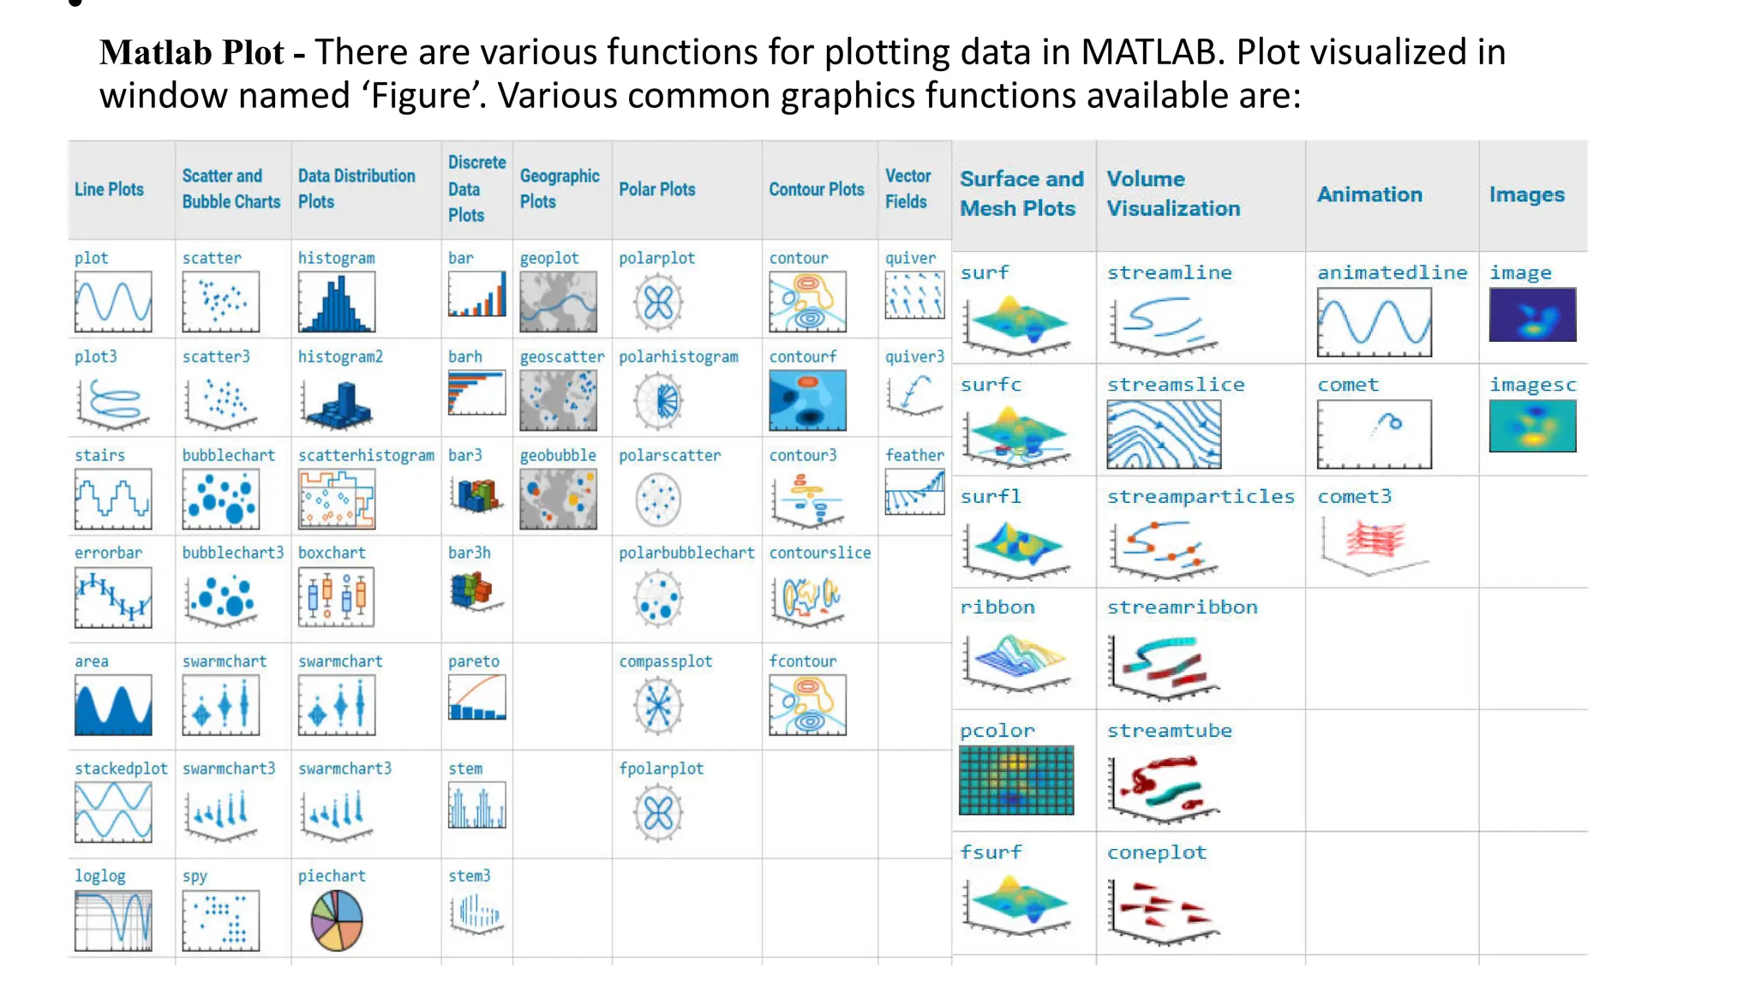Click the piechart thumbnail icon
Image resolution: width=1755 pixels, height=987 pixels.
pyautogui.click(x=337, y=921)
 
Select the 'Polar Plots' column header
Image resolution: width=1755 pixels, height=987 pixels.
pyautogui.click(x=657, y=189)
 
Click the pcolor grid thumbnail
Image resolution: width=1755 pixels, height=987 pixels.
pyautogui.click(x=1016, y=780)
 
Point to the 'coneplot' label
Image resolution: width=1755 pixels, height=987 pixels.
pyautogui.click(x=1156, y=852)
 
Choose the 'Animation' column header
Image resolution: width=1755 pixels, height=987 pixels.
pyautogui.click(x=1369, y=194)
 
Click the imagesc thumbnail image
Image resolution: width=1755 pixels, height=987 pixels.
pyautogui.click(x=1532, y=426)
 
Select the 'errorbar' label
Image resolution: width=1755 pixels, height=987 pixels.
pyautogui.click(x=108, y=553)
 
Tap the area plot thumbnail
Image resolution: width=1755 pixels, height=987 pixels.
pyautogui.click(x=113, y=705)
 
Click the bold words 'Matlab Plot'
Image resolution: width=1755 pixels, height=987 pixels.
pyautogui.click(x=191, y=53)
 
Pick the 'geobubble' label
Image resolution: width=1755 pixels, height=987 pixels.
pyautogui.click(x=558, y=455)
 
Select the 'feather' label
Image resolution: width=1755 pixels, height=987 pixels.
pyautogui.click(x=914, y=455)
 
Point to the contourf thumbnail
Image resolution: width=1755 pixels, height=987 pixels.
pyautogui.click(x=807, y=400)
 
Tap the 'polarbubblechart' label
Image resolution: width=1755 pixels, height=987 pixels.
pyautogui.click(x=686, y=553)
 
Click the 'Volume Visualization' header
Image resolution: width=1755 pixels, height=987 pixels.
pyautogui.click(x=1172, y=194)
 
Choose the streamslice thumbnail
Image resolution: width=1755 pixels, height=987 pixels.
pyautogui.click(x=1164, y=434)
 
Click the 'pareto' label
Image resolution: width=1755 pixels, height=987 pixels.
pyautogui.click(x=473, y=661)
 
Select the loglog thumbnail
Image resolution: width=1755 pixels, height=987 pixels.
pyautogui.click(x=113, y=920)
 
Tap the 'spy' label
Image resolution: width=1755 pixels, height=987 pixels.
pyautogui.click(x=195, y=876)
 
